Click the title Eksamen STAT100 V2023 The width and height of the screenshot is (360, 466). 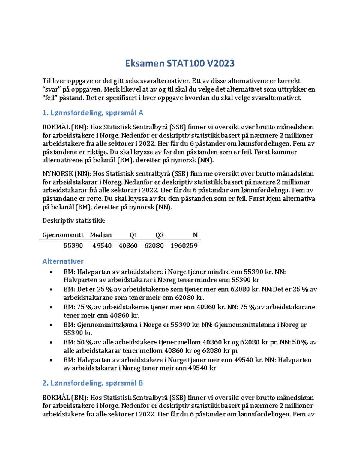pyautogui.click(x=180, y=63)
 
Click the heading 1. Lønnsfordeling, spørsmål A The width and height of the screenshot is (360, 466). pyautogui.click(x=93, y=113)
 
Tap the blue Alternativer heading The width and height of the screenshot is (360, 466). pyautogui.click(x=63, y=261)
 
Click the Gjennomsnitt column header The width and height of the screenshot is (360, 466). pyautogui.click(x=63, y=235)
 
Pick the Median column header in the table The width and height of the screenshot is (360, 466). pyautogui.click(x=101, y=235)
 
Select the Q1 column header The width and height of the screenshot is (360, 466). pyautogui.click(x=133, y=235)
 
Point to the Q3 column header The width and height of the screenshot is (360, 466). pyautogui.click(x=159, y=235)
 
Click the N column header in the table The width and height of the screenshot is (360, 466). pyautogui.click(x=195, y=235)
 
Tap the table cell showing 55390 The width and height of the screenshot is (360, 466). pyautogui.click(x=73, y=246)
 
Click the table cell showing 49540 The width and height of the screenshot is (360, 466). pyautogui.click(x=102, y=246)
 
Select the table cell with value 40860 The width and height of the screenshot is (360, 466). pyautogui.click(x=128, y=246)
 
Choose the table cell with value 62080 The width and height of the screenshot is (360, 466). pyautogui.click(x=154, y=246)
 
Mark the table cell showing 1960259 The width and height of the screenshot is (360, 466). pyautogui.click(x=184, y=246)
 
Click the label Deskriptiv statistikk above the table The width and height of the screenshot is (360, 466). pyautogui.click(x=73, y=221)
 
